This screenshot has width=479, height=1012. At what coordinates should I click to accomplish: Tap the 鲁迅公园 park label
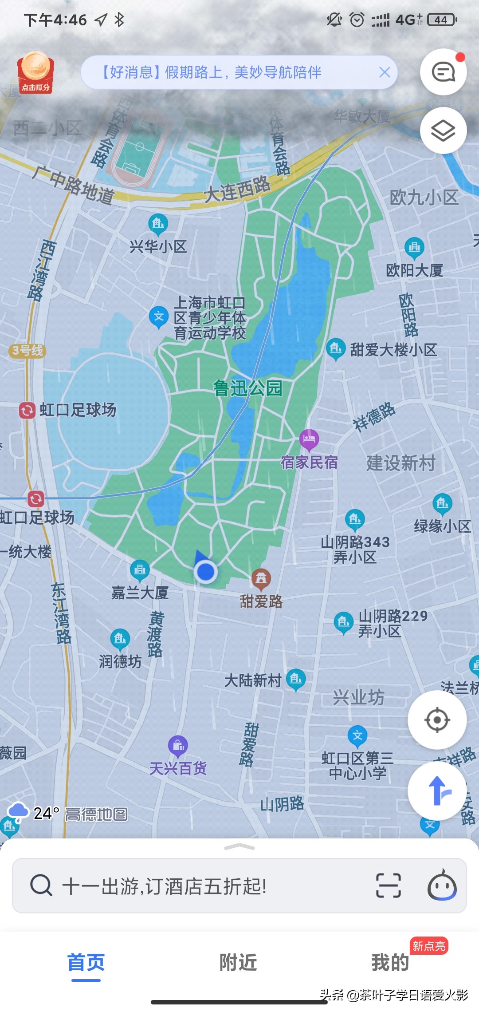tap(247, 388)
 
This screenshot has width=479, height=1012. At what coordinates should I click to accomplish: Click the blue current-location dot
tap(205, 572)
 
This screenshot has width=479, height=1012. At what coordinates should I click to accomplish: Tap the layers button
tap(443, 130)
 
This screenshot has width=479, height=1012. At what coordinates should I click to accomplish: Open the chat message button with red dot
tap(443, 72)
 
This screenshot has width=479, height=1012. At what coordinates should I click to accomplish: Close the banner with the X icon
tap(385, 72)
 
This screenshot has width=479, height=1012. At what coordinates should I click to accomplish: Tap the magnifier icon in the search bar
tap(41, 885)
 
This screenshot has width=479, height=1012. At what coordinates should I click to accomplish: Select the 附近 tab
tap(238, 962)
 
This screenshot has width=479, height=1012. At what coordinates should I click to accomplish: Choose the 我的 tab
tap(390, 962)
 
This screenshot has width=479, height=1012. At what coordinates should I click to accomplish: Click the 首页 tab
tap(86, 962)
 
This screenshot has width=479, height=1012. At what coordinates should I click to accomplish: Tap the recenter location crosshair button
tap(437, 719)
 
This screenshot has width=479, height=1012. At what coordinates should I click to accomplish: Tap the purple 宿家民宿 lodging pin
tap(309, 439)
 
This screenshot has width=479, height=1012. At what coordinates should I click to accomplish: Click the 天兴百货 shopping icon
tap(178, 746)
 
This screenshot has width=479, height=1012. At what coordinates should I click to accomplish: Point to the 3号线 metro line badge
tap(27, 351)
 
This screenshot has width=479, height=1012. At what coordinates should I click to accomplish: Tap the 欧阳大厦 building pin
tap(414, 248)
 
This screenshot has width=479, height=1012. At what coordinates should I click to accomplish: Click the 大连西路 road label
tap(237, 190)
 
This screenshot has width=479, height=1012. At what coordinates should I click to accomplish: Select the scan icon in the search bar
tap(388, 885)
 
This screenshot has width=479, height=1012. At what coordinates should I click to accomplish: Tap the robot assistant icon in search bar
tap(442, 885)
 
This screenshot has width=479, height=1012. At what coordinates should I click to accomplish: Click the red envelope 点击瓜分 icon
tap(35, 73)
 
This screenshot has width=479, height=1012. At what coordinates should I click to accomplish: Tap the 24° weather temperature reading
tap(46, 813)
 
